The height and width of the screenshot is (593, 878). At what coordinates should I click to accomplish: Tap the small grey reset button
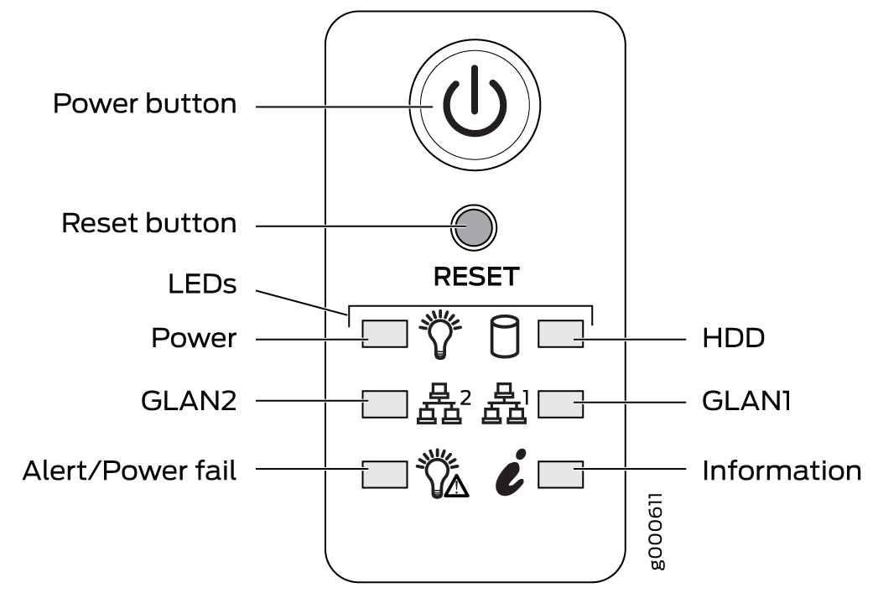(x=474, y=225)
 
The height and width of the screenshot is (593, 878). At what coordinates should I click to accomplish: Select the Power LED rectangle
(x=384, y=334)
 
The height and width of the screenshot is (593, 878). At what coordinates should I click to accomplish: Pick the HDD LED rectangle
(x=560, y=334)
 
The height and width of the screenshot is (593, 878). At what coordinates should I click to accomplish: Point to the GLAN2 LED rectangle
(x=384, y=403)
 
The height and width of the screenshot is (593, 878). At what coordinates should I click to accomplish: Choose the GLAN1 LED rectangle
(x=560, y=403)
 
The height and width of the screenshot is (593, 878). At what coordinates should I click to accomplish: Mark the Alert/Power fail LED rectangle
(x=384, y=473)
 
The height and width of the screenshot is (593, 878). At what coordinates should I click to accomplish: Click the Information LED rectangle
(x=560, y=473)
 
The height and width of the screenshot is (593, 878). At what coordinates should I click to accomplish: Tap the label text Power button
(x=144, y=105)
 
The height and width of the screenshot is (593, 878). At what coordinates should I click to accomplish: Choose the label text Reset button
(x=149, y=224)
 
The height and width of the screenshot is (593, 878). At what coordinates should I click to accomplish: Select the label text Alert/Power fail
(x=130, y=471)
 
